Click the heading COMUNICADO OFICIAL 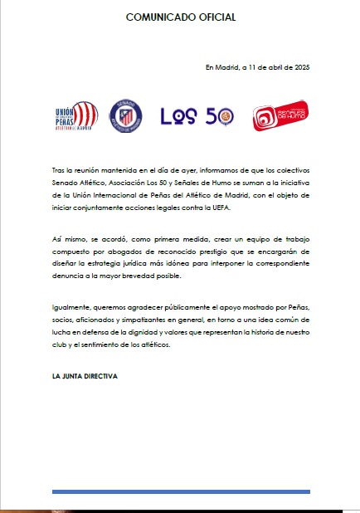point(179,17)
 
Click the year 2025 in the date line point(300,66)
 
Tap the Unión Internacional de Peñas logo point(75,117)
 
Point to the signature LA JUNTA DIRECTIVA point(85,376)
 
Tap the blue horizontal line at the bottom point(181,491)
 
